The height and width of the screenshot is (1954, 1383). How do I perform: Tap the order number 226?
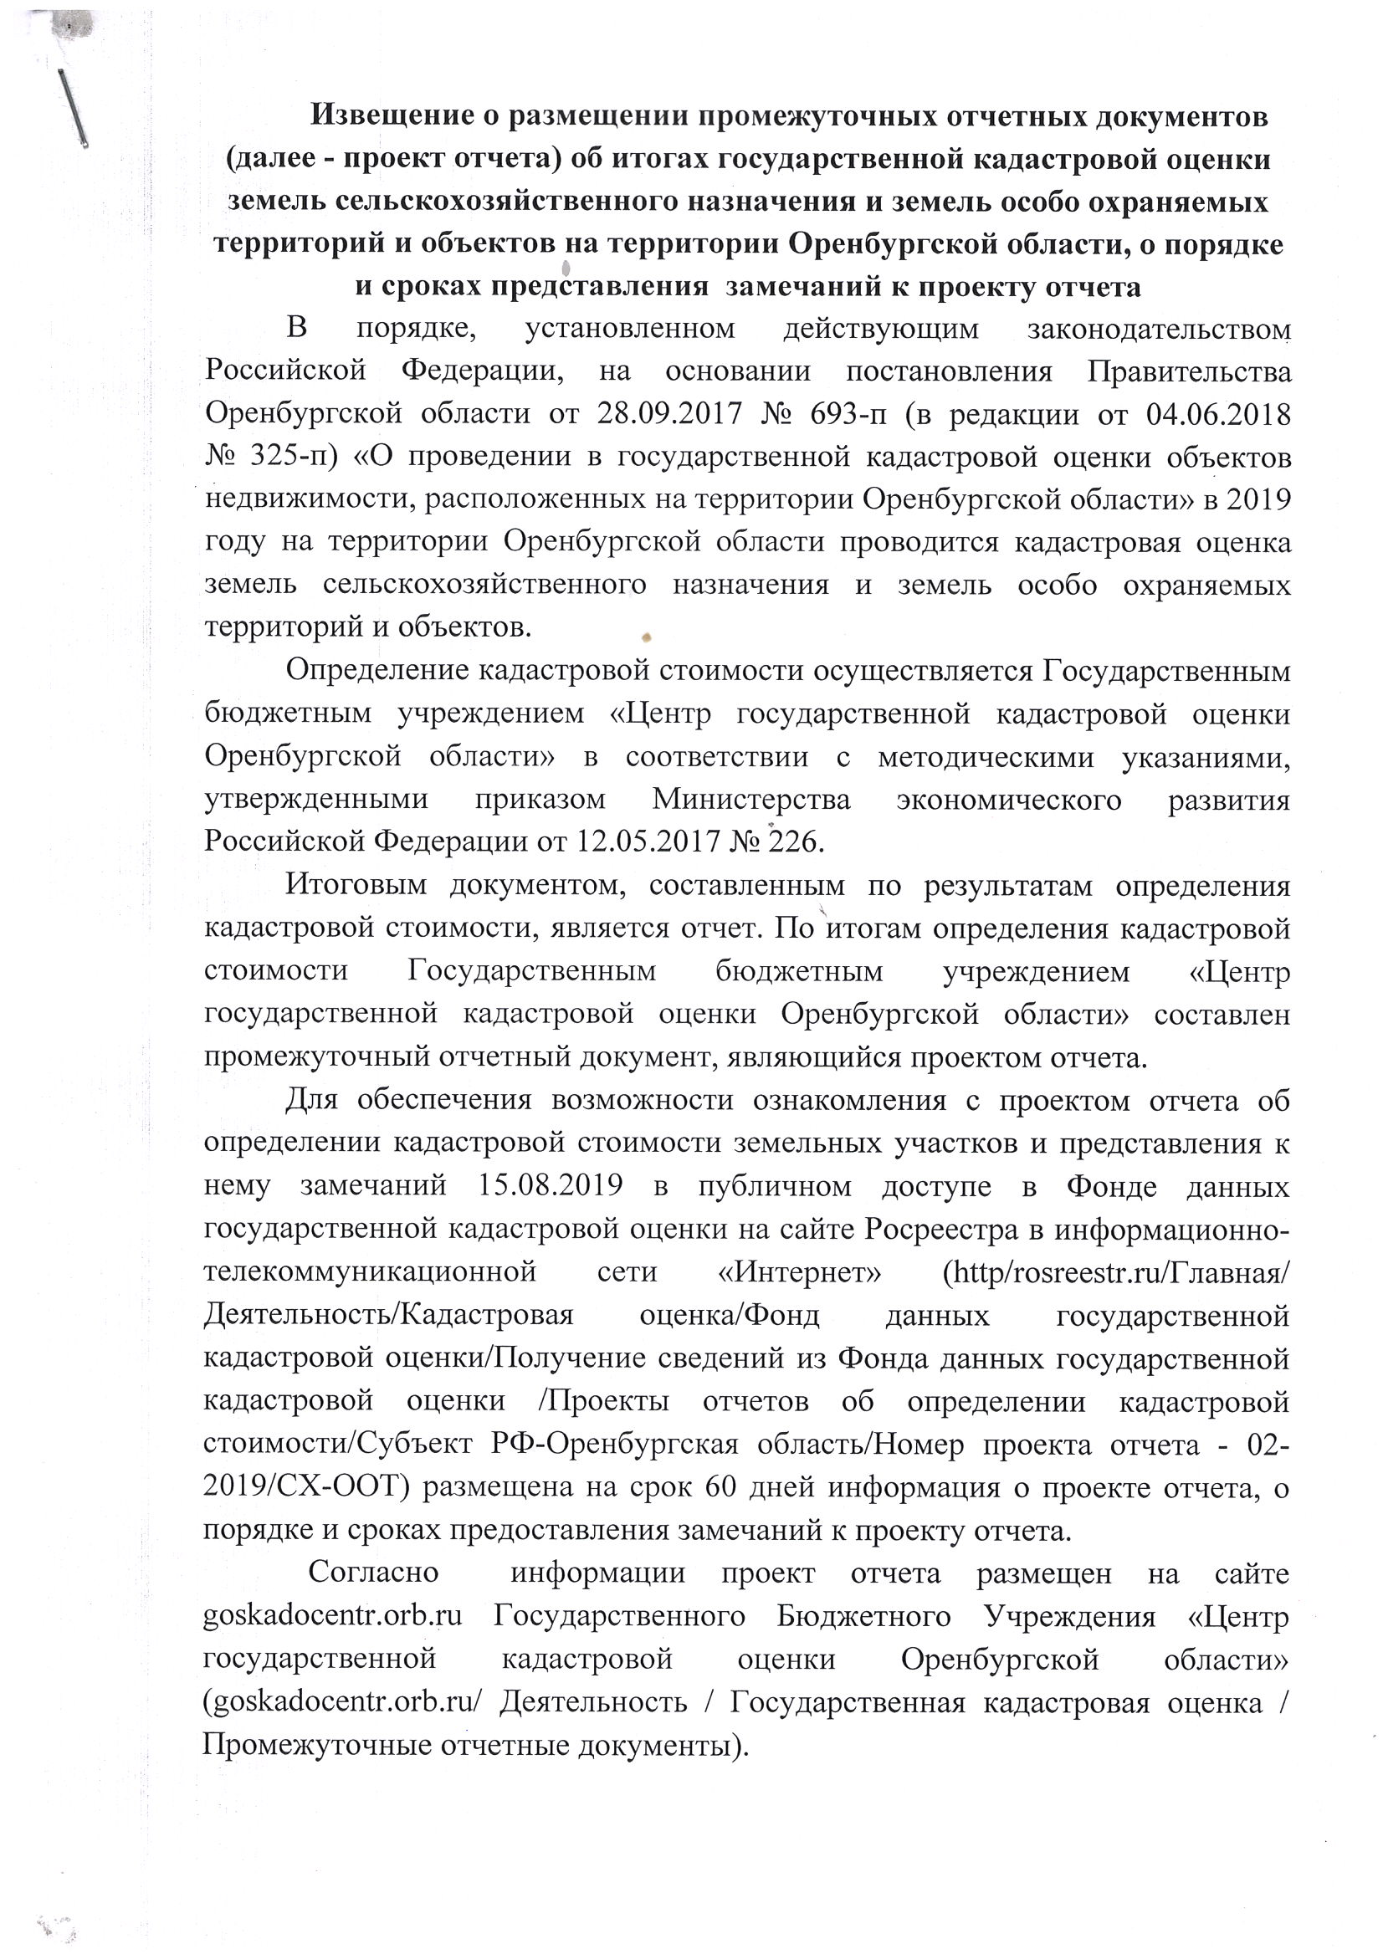coord(795,843)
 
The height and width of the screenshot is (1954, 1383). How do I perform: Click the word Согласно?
coord(374,1573)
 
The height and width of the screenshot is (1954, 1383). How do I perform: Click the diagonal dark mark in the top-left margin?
coord(74,108)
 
